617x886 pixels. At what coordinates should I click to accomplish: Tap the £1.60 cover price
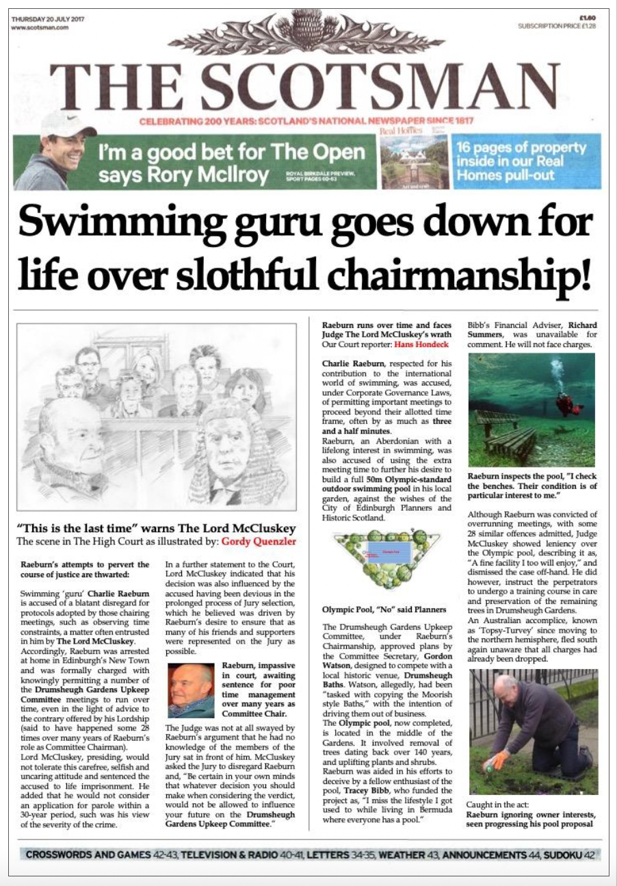click(588, 18)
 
